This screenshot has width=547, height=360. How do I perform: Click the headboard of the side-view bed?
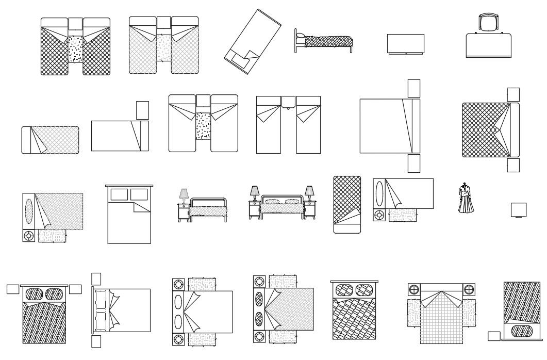point(296,40)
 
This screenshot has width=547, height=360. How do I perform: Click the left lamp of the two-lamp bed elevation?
point(254,193)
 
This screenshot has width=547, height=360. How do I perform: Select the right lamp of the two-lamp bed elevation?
point(309,193)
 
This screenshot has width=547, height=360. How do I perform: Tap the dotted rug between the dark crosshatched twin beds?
point(75,49)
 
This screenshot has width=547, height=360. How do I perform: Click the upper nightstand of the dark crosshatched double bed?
point(513,94)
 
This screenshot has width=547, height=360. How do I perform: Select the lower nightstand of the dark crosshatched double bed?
point(513,165)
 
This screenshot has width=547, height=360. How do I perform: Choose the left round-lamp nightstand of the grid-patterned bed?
point(415,289)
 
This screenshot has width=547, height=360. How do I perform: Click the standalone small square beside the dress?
point(519,210)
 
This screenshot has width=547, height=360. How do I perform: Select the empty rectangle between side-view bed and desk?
point(406,43)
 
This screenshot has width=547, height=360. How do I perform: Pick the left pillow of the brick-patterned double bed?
point(344,290)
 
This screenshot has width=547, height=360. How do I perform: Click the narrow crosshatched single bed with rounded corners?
point(347,204)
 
